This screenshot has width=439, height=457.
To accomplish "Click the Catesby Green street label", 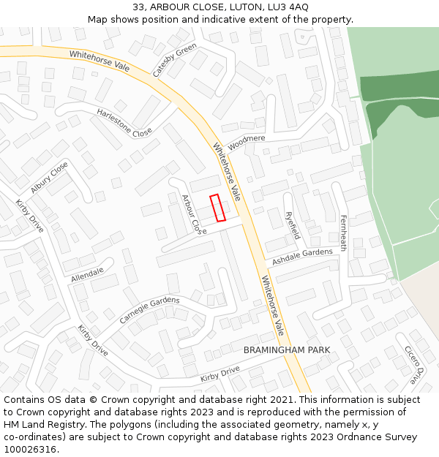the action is (175, 60).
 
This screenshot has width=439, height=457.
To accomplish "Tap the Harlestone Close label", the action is (124, 122).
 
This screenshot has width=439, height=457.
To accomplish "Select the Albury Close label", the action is (50, 177).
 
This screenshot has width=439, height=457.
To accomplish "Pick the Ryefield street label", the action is (292, 225).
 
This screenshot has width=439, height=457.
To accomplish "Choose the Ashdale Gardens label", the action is (302, 257).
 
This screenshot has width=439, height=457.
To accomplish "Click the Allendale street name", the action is (88, 275).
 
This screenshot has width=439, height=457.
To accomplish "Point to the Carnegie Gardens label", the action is (149, 310).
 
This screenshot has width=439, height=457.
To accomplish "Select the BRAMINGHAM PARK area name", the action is (287, 350).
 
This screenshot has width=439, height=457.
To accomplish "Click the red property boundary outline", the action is (217, 208).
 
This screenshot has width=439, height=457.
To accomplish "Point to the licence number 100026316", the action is (31, 449).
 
